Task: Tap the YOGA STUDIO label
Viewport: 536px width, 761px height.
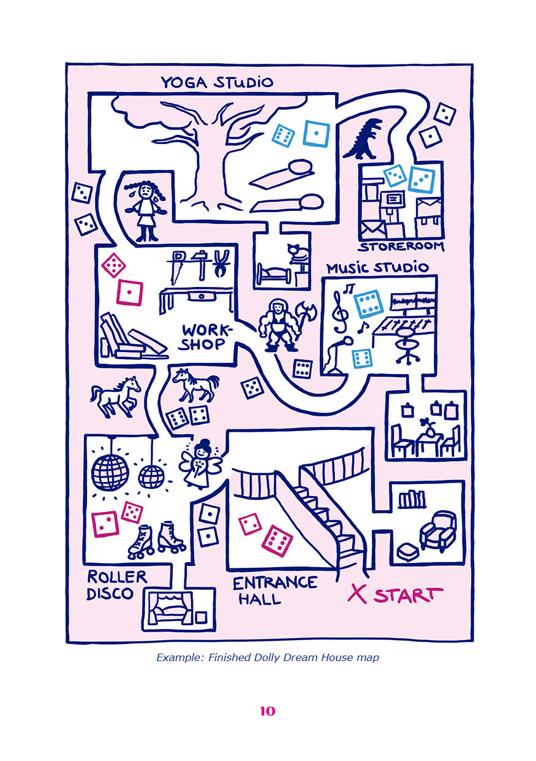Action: pos(217,82)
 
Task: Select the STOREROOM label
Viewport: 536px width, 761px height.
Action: pos(401,247)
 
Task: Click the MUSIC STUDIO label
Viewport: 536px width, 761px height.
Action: pos(377,268)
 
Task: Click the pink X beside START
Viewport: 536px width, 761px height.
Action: pos(357,593)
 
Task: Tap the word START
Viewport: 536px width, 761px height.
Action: pos(408,595)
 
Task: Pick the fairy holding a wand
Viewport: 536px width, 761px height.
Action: pos(198,464)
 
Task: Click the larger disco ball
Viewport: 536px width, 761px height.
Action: pos(110,472)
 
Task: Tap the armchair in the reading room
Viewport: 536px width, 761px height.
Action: pos(437,530)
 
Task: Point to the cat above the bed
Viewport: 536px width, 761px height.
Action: pos(299,253)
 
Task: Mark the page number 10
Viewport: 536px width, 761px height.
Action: pos(268,711)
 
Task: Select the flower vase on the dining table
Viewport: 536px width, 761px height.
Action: pos(429,427)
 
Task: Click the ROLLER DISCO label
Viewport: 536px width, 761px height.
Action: pos(118,585)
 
